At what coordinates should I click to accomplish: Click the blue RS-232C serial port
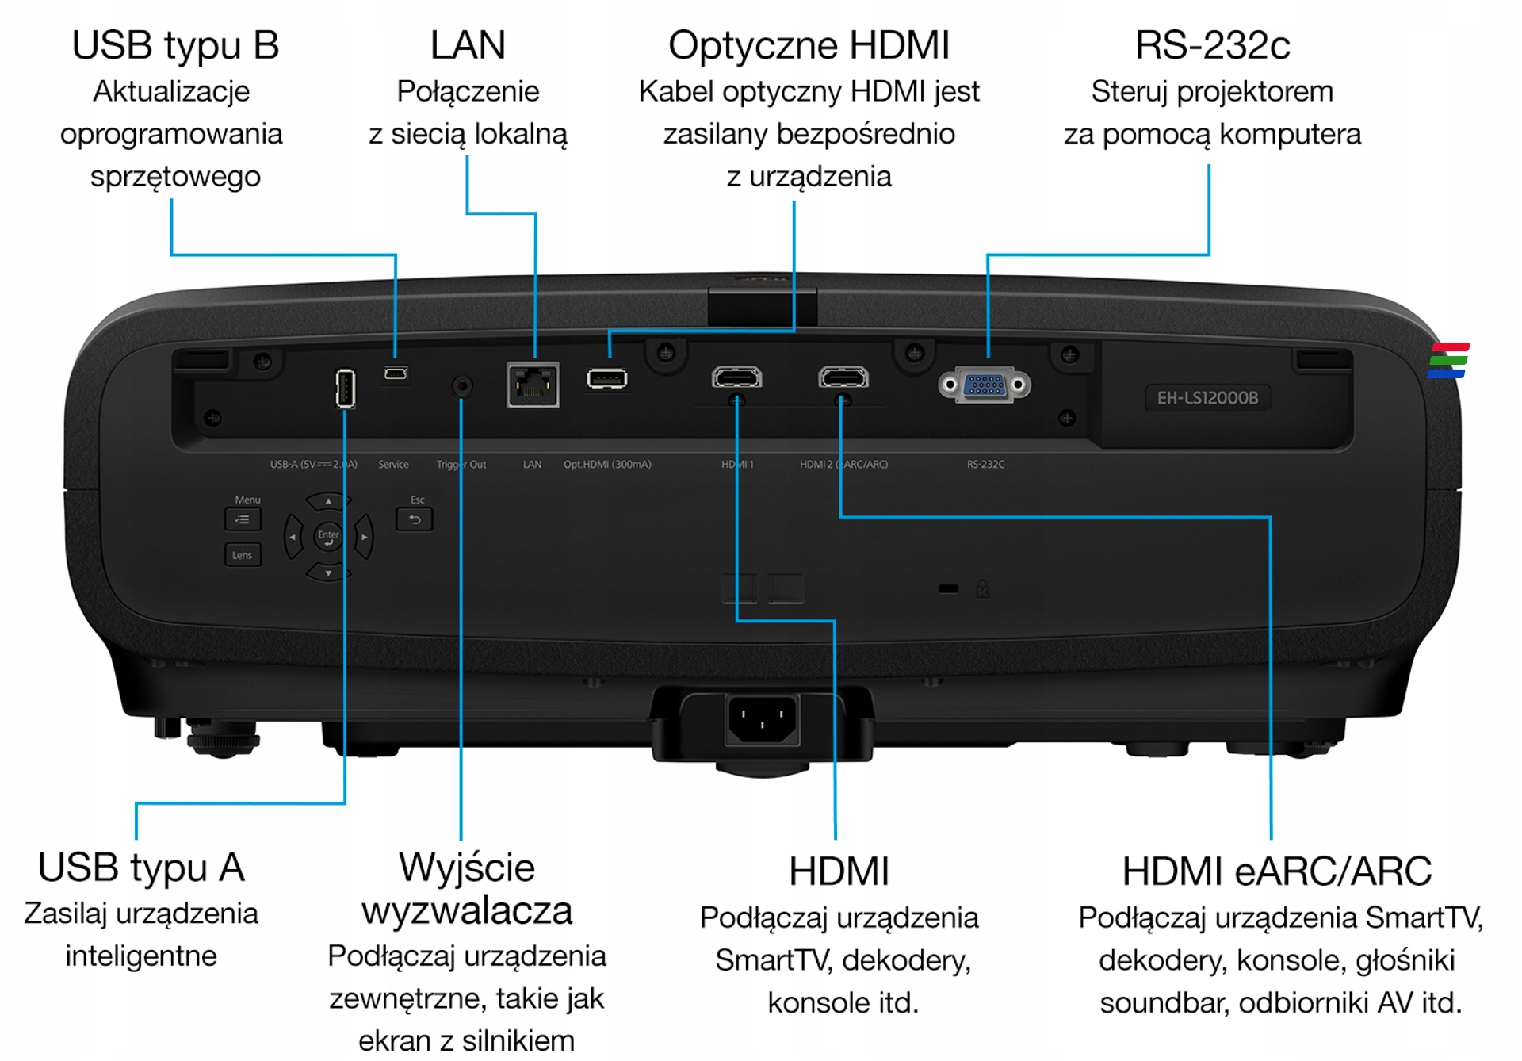pos(985,385)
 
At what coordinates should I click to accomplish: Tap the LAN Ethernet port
pos(533,385)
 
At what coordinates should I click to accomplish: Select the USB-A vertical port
pos(345,389)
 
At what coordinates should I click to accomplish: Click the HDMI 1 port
pos(736,377)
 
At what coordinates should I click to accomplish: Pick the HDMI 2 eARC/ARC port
pos(843,377)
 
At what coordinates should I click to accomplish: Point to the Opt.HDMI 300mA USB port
pos(607,379)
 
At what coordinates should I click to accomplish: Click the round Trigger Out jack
pos(462,386)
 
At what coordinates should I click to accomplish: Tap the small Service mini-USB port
pos(396,373)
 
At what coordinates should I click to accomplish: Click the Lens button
pos(243,555)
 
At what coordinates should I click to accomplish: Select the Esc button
pos(415,519)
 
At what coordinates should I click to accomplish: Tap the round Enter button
pos(328,537)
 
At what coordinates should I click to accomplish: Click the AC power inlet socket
pos(762,719)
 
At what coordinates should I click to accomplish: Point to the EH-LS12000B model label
pos(1207,398)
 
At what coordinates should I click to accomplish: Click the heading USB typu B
pos(175,46)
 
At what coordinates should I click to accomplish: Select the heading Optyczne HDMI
pos(809,46)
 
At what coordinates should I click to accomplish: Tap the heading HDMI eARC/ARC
pos(1276,871)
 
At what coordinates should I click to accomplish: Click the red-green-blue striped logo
pos(1448,361)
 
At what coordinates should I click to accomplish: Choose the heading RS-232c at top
pos(1212,46)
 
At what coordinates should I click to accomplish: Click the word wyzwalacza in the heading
pos(467,910)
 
